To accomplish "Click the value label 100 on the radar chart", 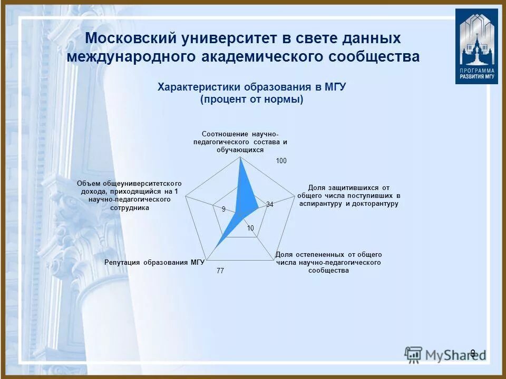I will pos(281,161).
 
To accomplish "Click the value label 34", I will pos(269,204).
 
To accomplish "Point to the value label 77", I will pos(220,271).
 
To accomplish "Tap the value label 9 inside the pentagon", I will pos(223,209).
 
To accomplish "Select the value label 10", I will pos(250,228).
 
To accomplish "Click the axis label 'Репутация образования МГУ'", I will pos(154,262).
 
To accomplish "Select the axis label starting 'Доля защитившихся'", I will pos(348,195).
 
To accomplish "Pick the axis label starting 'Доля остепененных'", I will pos(328,262).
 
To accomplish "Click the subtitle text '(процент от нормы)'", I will pos(252,99).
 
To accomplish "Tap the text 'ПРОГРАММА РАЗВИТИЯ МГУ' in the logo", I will pos(476,73).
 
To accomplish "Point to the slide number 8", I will pos(472,353).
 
